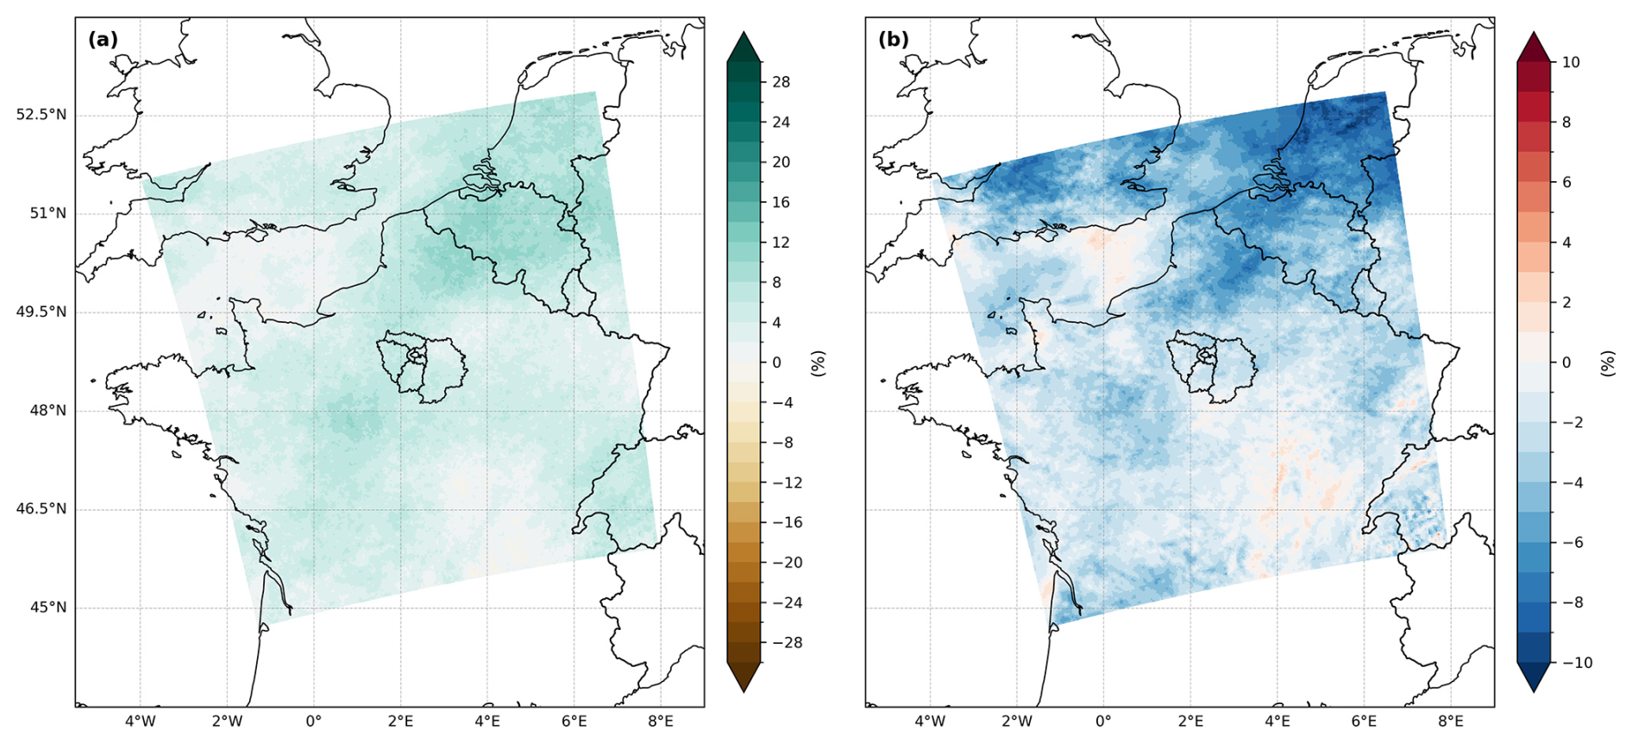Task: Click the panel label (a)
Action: (x=103, y=40)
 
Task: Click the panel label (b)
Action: (x=893, y=40)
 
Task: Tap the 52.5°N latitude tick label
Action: (x=41, y=115)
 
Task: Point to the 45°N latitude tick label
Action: (x=48, y=608)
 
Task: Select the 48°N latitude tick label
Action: (x=48, y=411)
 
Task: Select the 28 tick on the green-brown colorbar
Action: (x=781, y=82)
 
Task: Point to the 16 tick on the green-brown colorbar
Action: (x=781, y=202)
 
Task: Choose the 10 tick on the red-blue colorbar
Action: (x=1571, y=62)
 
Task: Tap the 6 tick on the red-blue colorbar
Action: (x=1566, y=182)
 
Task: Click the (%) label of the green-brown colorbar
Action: (x=819, y=363)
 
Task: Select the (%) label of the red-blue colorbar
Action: (x=1608, y=363)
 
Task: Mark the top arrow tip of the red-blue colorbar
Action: (x=1534, y=33)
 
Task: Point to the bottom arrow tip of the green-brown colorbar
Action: (x=744, y=692)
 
